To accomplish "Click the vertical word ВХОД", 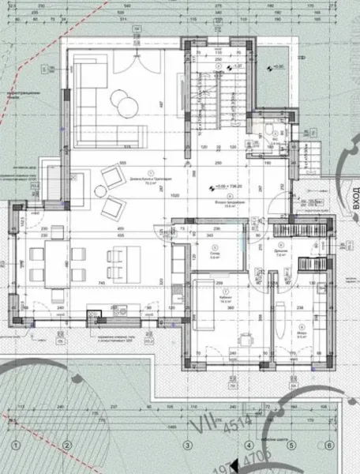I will click(x=352, y=194).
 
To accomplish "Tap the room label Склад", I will click(x=216, y=254).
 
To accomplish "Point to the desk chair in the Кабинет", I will click(x=247, y=340).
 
